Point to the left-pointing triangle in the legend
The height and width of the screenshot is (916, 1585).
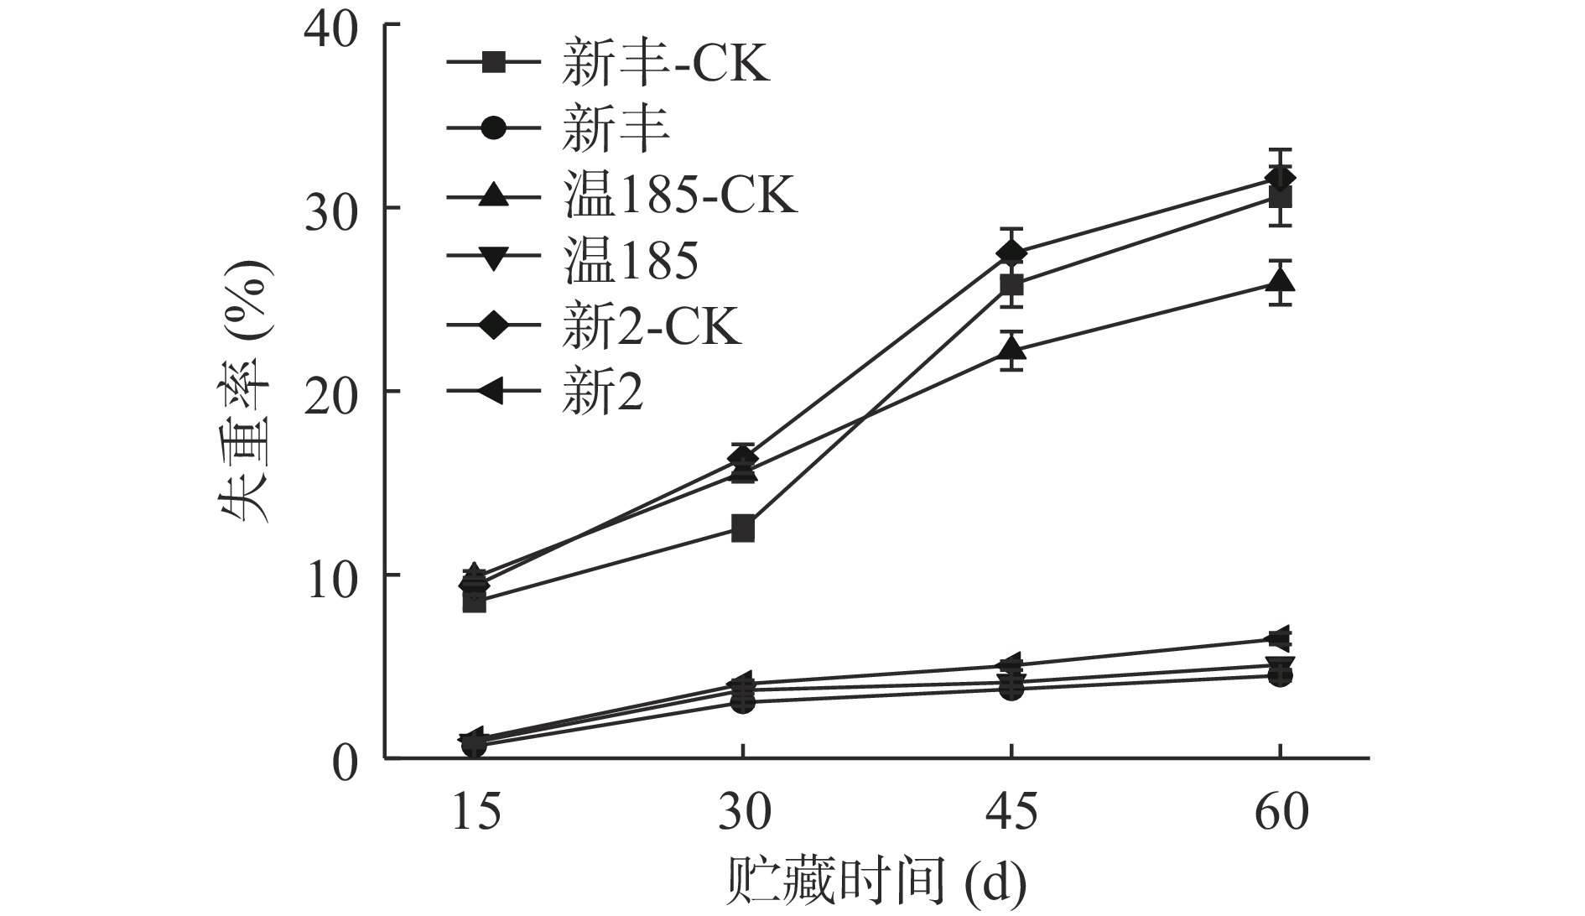coord(493,392)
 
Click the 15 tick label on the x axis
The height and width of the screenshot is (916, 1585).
coord(475,813)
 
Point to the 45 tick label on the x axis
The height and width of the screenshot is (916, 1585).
coord(1012,813)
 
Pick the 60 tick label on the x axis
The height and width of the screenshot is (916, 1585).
coord(1281,813)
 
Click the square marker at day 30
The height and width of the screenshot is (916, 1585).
coord(743,529)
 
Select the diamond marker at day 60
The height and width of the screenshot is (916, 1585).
coord(1280,179)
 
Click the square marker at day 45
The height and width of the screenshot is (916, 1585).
coord(1012,285)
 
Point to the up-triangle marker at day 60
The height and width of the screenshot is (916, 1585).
coord(1280,279)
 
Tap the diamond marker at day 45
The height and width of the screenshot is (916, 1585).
coord(1012,252)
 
